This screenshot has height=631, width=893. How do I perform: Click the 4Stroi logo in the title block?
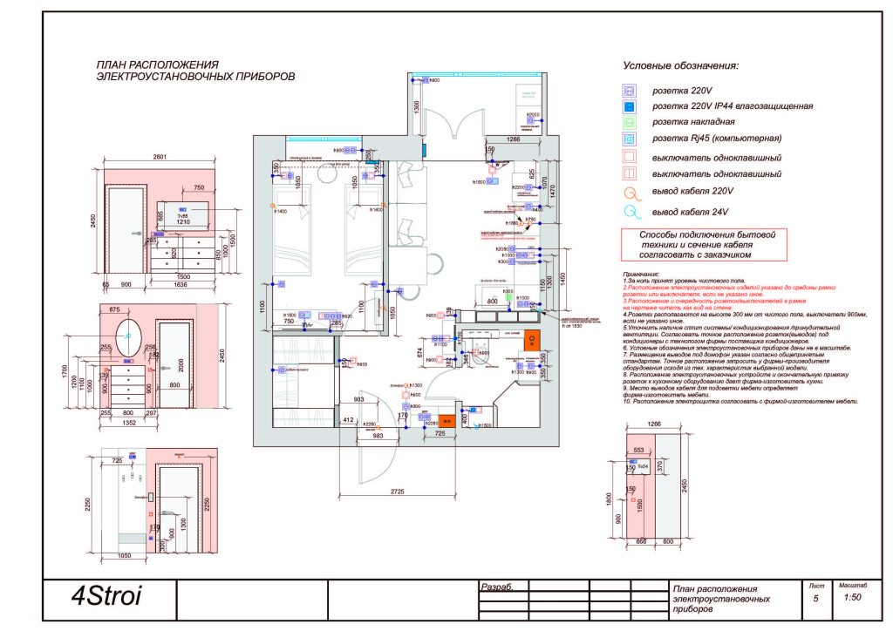pos(106,599)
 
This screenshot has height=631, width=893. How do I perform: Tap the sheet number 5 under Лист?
pos(816,600)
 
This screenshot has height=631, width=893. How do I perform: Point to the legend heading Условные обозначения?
pos(680,66)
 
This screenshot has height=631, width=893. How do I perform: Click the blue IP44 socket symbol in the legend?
pos(627,106)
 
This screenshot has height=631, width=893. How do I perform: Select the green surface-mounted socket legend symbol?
pos(627,122)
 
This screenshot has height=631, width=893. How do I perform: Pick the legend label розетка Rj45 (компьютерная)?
pos(718,139)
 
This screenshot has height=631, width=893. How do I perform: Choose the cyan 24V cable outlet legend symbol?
pos(627,212)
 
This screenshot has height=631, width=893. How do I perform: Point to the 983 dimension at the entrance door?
pos(378,437)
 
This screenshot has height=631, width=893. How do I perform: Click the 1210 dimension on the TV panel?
pos(184,223)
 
